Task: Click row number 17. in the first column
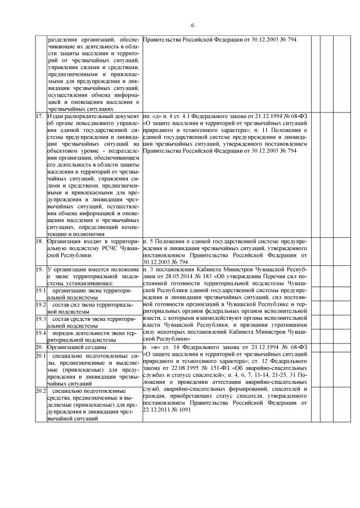(39, 115)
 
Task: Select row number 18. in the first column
(39, 241)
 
